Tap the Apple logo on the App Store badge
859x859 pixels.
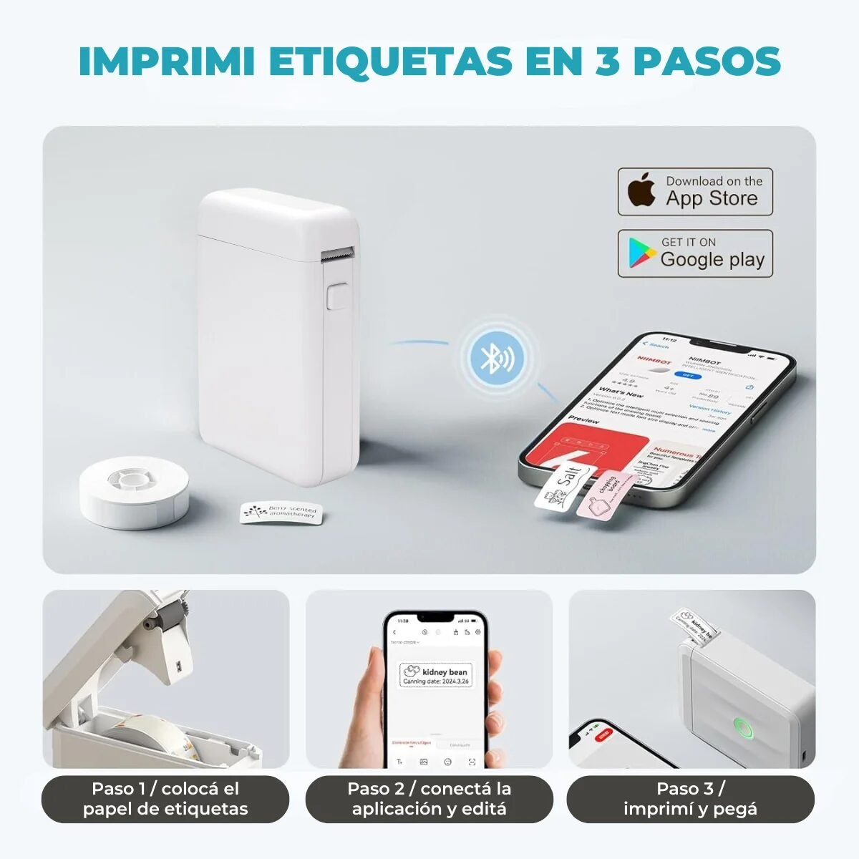[642, 191]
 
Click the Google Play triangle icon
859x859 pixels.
[642, 253]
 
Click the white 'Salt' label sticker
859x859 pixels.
[563, 487]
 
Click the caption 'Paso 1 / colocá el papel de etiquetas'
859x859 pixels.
[165, 799]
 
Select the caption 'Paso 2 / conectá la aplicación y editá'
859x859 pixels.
[429, 799]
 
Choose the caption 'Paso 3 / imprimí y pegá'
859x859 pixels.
[691, 799]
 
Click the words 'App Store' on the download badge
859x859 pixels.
[712, 198]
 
